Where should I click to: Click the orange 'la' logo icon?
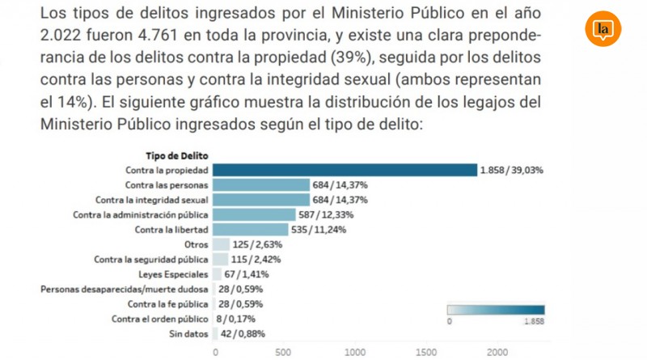point(603,30)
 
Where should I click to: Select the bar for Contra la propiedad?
point(345,170)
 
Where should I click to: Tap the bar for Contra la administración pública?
point(253,214)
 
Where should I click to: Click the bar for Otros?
point(219,244)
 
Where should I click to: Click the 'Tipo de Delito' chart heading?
point(177,155)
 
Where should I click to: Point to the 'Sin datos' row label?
point(189,333)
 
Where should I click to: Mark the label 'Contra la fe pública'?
point(168,304)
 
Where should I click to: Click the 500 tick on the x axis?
point(283,352)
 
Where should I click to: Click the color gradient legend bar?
point(496,309)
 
